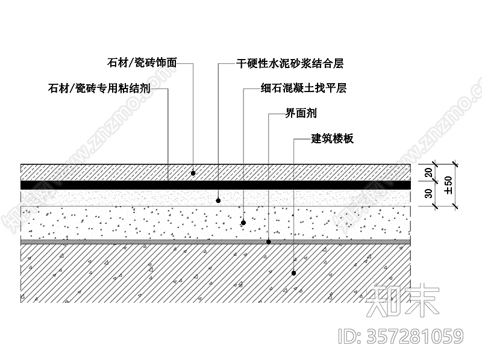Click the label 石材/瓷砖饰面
pos(142,62)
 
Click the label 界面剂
pos(301,113)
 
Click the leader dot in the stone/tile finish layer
pos(193,173)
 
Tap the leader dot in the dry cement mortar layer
pos(218,200)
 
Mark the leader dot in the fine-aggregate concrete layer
pos(243,222)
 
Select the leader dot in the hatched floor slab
pos(293,273)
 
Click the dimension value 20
pos(429,172)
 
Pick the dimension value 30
pos(429,194)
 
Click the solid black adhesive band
pos(120,185)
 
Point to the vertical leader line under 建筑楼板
pos(293,205)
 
